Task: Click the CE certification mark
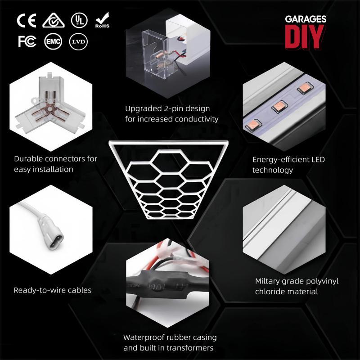point(27,20)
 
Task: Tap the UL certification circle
point(79,20)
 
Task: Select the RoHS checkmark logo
point(103,20)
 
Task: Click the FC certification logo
point(27,41)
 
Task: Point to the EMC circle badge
point(53,41)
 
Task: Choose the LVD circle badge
point(78,41)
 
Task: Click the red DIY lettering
point(305,37)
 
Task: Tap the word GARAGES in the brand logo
point(306,19)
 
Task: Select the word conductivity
point(197,119)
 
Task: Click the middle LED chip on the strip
point(279,106)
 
